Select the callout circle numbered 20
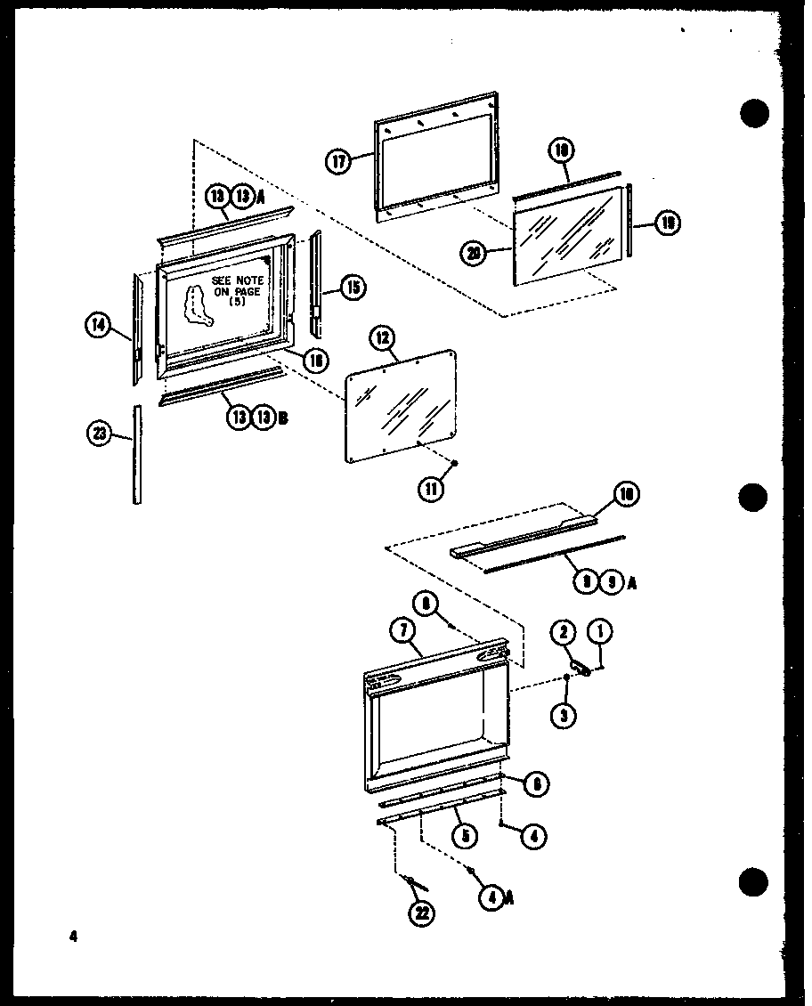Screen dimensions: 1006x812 [x=474, y=254]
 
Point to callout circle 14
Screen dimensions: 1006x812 [x=98, y=327]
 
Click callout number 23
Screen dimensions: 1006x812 [x=100, y=434]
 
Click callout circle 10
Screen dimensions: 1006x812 [x=627, y=494]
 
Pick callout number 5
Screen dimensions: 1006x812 [x=464, y=836]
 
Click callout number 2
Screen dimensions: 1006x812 [x=564, y=633]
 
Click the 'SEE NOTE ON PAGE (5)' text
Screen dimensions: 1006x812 [x=237, y=290]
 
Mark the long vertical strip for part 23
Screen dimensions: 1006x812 [x=137, y=454]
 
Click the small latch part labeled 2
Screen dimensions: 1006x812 [x=580, y=667]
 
